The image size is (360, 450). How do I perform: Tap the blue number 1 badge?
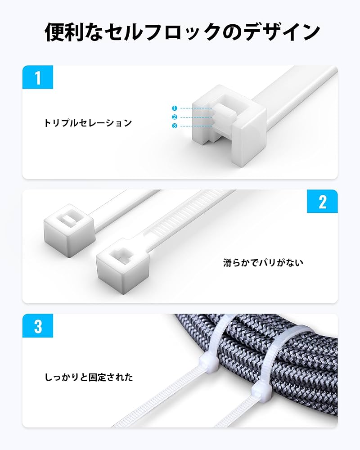(38, 77)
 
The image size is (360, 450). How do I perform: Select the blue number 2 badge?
(322, 201)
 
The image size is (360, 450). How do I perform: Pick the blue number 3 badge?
(38, 325)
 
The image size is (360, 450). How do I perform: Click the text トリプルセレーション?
(88, 123)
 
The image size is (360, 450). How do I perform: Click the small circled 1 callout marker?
(175, 108)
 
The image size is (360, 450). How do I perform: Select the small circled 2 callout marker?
(175, 117)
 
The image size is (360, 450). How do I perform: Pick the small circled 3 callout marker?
(175, 126)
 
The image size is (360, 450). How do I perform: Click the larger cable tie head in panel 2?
(122, 262)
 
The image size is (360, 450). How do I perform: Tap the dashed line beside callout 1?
(196, 108)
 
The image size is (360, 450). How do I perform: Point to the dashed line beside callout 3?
(196, 126)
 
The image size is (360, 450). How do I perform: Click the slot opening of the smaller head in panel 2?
(67, 219)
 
